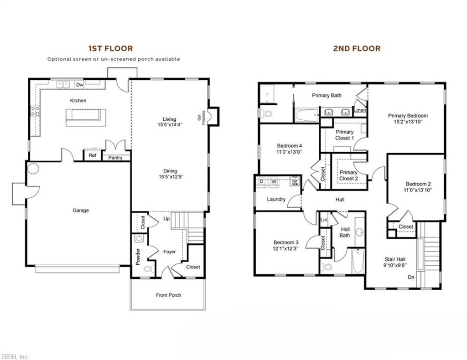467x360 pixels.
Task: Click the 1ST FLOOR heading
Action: click(110, 48)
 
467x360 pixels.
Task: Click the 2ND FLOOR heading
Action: click(357, 48)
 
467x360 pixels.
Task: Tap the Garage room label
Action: click(80, 211)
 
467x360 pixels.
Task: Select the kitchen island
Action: click(86, 117)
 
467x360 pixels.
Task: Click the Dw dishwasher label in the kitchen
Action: click(80, 85)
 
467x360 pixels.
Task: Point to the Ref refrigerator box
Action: click(93, 155)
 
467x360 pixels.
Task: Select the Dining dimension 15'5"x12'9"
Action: click(171, 177)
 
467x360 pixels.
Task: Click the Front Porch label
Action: click(168, 295)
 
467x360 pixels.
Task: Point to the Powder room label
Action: click(138, 257)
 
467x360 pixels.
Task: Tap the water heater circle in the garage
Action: click(33, 168)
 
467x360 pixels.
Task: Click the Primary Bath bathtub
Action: click(306, 115)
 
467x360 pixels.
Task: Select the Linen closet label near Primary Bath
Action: click(359, 110)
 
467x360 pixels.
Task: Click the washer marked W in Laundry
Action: click(274, 181)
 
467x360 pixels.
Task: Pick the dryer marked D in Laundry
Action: click(262, 181)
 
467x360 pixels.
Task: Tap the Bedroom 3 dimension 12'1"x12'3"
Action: click(286, 249)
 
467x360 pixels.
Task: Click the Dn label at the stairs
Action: click(411, 277)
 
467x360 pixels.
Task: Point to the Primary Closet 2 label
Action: click(348, 175)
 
